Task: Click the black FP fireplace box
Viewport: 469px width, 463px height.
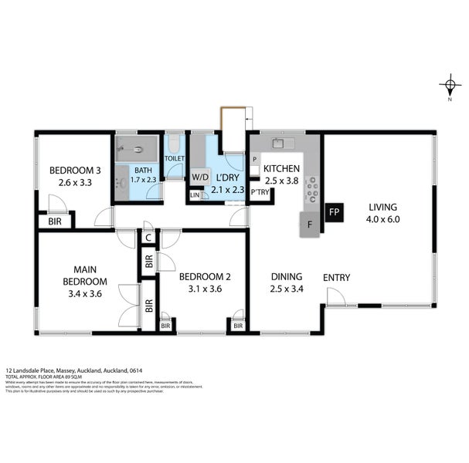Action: pos(334,211)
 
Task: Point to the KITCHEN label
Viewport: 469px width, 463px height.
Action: pos(281,169)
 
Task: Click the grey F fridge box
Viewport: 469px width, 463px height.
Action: pos(310,225)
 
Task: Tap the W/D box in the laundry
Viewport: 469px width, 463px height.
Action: pos(200,177)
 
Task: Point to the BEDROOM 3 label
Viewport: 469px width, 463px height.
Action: pos(75,171)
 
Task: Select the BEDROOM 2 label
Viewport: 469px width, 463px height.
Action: pos(204,277)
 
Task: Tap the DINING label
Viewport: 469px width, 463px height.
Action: pos(285,278)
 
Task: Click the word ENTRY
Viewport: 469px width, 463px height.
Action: pos(337,278)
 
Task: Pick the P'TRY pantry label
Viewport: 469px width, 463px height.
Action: pos(260,193)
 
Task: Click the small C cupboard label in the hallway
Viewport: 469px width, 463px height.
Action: pos(148,238)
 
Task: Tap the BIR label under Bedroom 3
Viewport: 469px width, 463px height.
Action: pos(55,221)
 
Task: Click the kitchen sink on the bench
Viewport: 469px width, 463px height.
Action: pos(277,143)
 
